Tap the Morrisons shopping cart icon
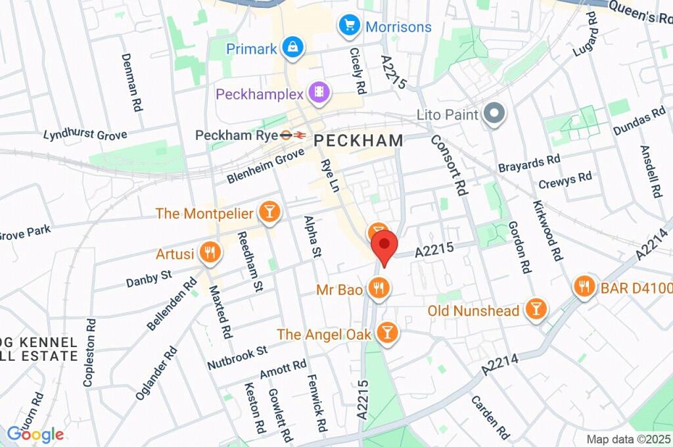(x=348, y=26)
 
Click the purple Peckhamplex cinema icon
(x=319, y=93)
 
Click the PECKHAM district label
(x=358, y=140)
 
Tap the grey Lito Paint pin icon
(x=492, y=114)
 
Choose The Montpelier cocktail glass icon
(x=269, y=212)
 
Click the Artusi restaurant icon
(x=210, y=252)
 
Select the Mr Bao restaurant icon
(x=378, y=287)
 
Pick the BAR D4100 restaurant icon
(x=584, y=287)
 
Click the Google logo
(x=35, y=434)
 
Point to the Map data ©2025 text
(x=628, y=438)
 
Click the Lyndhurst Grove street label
(x=85, y=135)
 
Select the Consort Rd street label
(x=448, y=165)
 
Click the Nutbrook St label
(x=237, y=356)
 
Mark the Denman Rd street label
(x=131, y=82)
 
